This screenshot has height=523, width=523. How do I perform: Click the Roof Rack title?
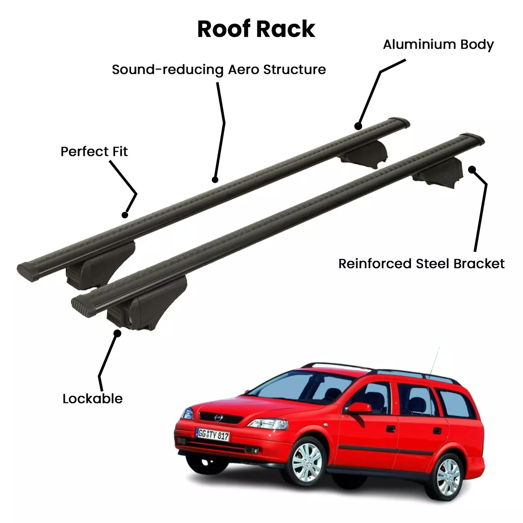tap(256, 29)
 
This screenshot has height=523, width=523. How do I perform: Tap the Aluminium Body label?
tap(438, 45)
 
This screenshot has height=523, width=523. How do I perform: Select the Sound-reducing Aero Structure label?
tap(219, 70)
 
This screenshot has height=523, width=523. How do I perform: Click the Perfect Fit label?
tap(94, 151)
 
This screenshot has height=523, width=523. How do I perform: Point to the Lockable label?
tap(92, 399)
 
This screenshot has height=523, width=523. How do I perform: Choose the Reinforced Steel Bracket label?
tap(421, 264)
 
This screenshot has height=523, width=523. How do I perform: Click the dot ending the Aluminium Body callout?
tap(358, 126)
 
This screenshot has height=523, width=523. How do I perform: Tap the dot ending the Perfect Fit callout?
tap(125, 215)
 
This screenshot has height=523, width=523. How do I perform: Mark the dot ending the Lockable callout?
tap(117, 333)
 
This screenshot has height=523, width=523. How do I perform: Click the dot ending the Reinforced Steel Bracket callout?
tap(472, 170)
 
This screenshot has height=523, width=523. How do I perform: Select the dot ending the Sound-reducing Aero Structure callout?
tap(215, 180)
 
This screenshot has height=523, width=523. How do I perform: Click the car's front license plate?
tap(213, 435)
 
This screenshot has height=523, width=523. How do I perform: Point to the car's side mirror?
tap(359, 408)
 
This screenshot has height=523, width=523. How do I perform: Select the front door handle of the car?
tap(391, 429)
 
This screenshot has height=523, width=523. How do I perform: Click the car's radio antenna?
tap(435, 361)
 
